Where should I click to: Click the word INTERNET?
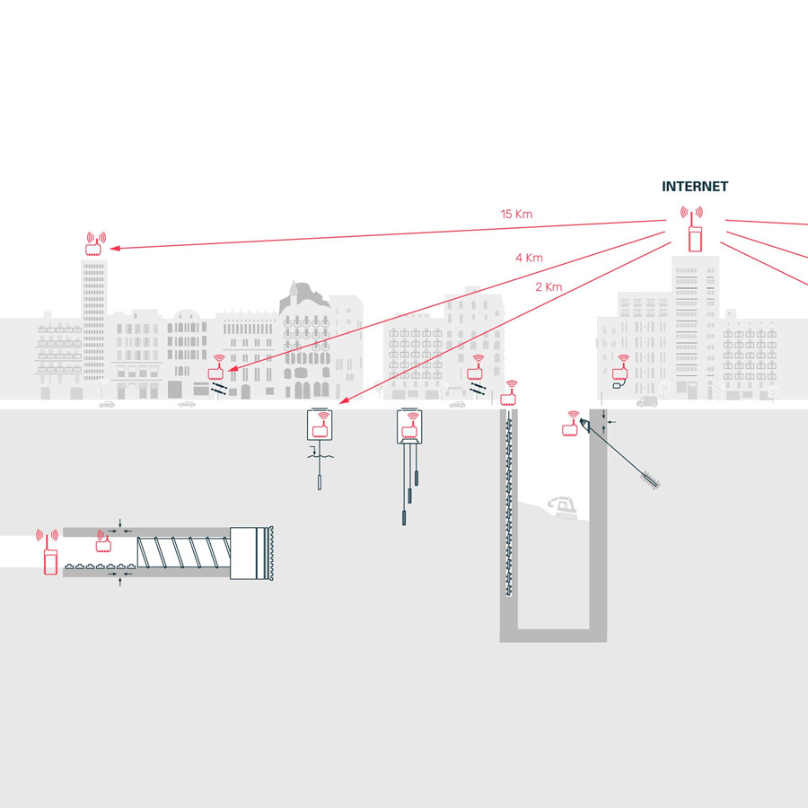point(695,187)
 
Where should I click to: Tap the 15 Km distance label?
point(516,214)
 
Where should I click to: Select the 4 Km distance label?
point(529,258)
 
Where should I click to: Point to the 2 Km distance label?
point(549,287)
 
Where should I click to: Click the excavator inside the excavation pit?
point(563,507)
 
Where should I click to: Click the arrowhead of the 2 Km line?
point(344,400)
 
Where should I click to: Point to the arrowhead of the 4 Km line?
point(233,368)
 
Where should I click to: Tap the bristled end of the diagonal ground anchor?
point(650,479)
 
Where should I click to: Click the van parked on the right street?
point(647,401)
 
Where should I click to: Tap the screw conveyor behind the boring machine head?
point(183,552)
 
